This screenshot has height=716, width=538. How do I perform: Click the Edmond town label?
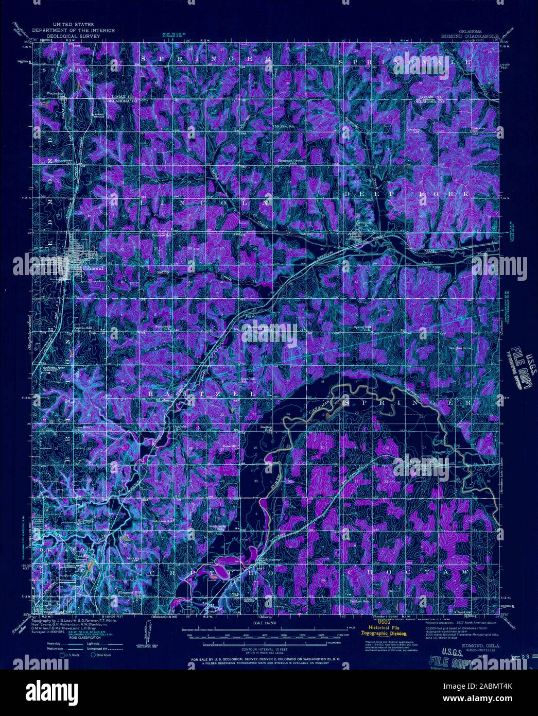(x=94, y=269)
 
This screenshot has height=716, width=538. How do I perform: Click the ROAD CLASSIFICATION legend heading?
(x=64, y=637)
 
